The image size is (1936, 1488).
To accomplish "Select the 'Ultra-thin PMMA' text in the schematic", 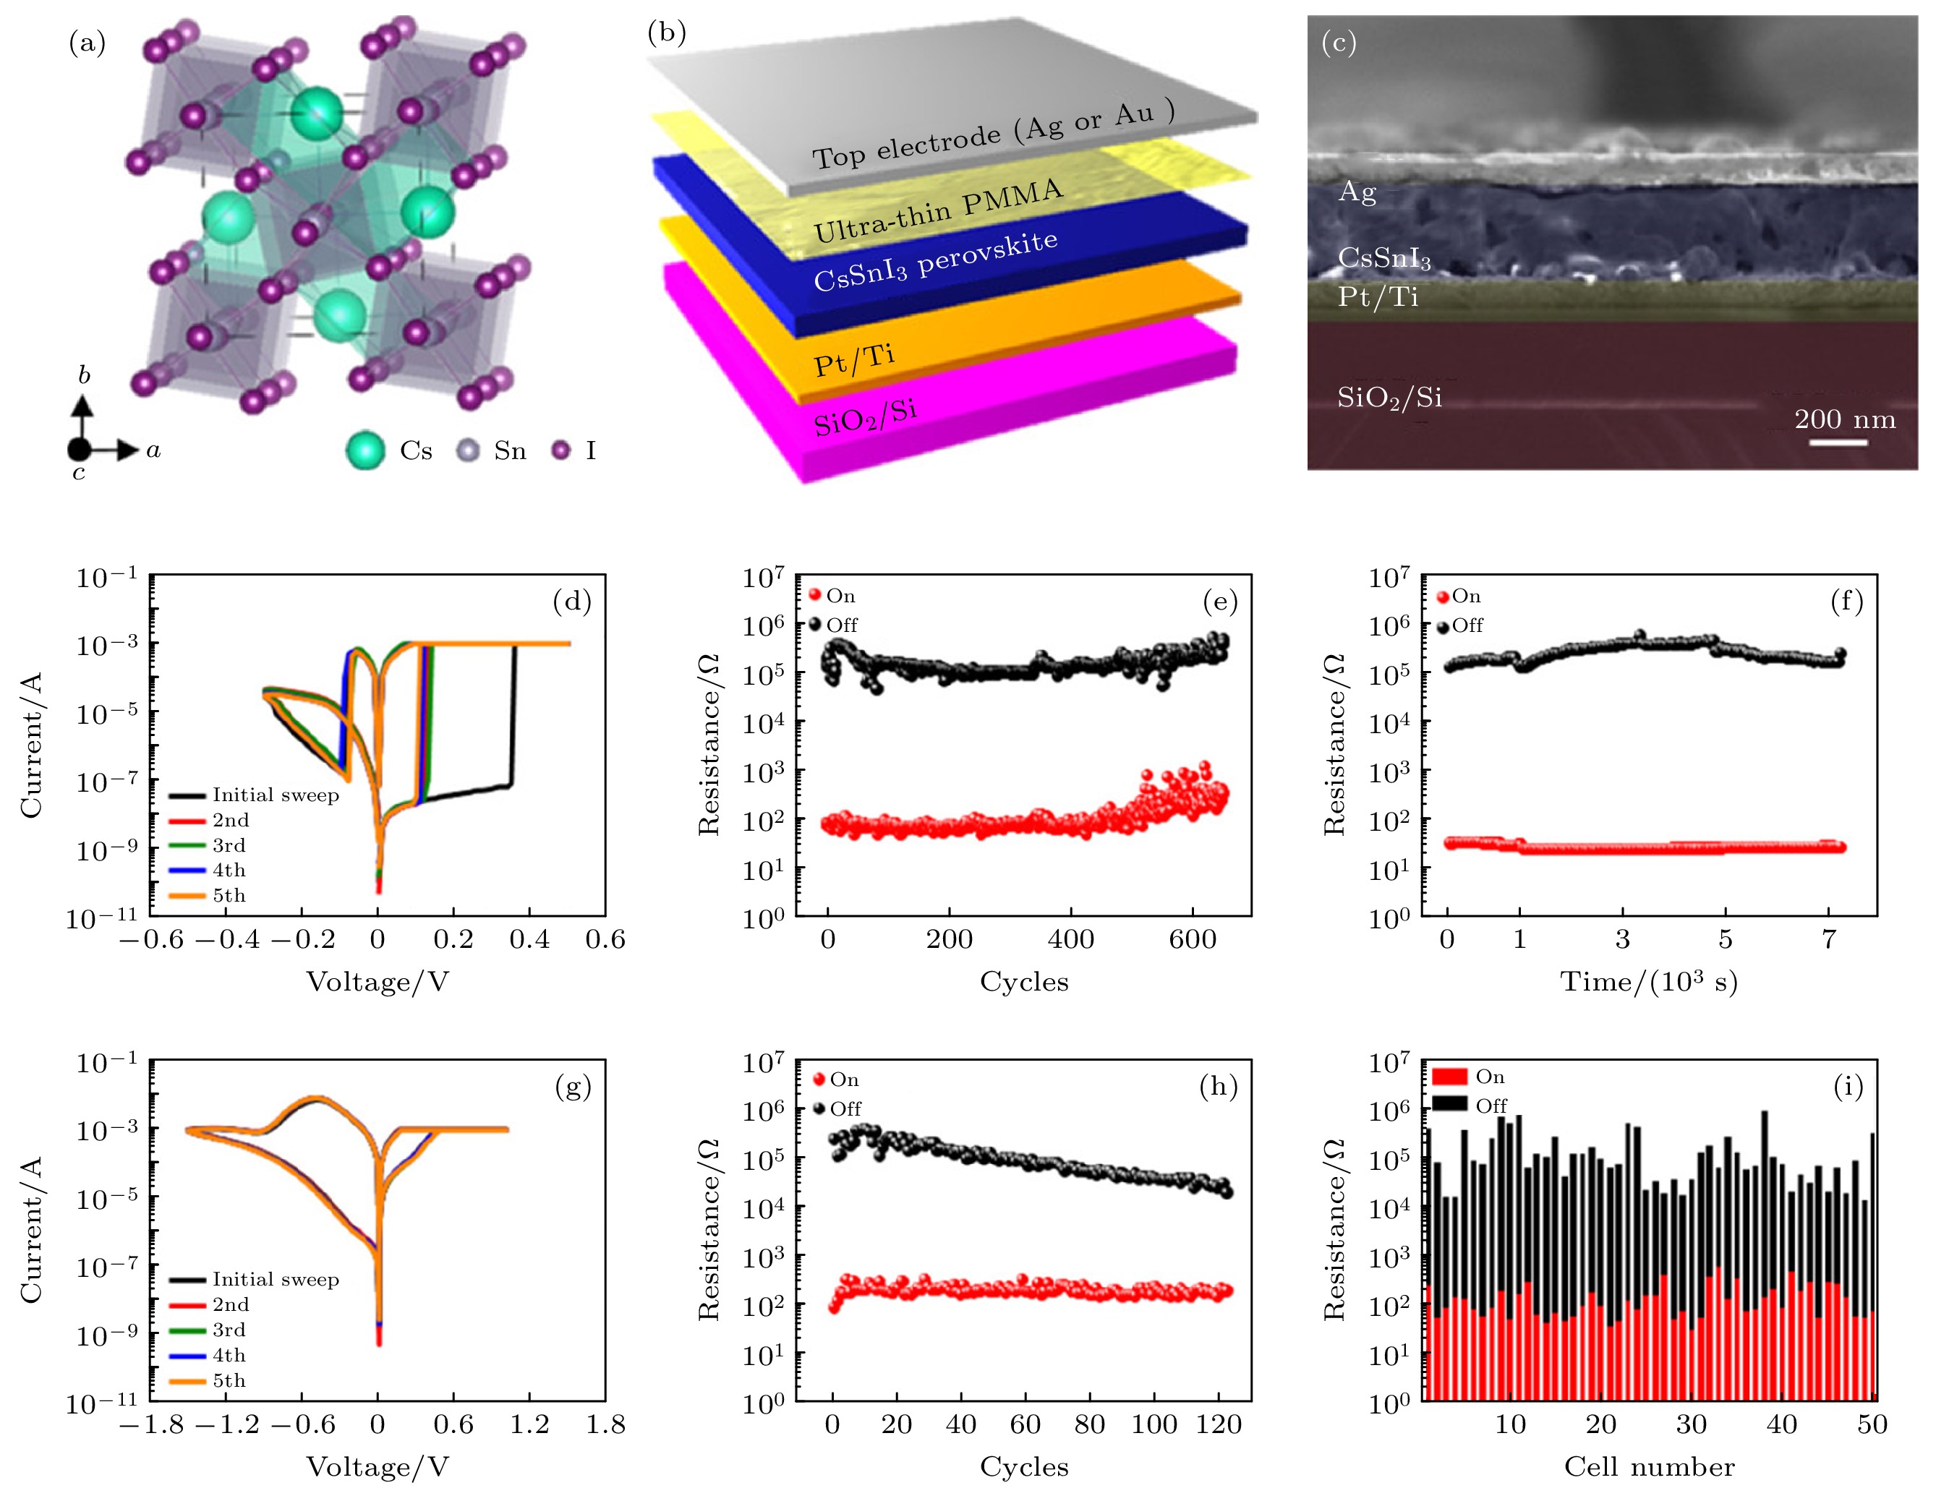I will [937, 211].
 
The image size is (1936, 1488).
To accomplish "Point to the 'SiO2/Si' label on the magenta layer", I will [865, 417].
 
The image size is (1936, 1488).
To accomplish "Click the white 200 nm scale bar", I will [1838, 441].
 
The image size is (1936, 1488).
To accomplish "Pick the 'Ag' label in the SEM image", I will [1357, 192].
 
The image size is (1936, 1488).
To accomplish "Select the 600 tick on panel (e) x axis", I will [1193, 940].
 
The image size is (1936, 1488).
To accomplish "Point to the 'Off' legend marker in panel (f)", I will [1444, 627].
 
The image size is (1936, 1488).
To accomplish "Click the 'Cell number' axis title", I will [1649, 1468].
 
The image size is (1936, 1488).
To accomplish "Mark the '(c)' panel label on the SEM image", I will [1338, 43].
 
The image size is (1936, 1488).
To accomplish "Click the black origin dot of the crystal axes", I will [79, 450].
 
